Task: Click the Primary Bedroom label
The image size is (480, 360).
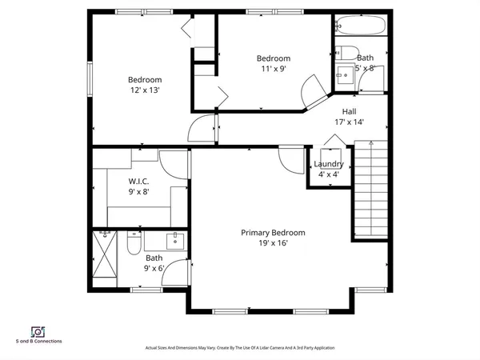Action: click(273, 233)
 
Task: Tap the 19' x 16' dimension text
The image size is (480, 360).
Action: click(273, 243)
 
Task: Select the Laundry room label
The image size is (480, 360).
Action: click(329, 164)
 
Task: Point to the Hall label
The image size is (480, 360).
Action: click(349, 111)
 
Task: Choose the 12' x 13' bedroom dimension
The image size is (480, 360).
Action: click(145, 90)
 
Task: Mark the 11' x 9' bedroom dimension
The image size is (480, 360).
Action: click(273, 69)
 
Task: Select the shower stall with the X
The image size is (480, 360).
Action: click(106, 254)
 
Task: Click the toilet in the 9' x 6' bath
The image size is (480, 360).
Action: click(134, 242)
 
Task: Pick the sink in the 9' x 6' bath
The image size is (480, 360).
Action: click(175, 240)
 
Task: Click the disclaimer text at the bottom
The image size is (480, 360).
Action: click(239, 348)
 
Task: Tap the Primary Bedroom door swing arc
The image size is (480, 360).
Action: click(286, 158)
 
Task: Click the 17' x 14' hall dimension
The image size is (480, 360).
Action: click(349, 122)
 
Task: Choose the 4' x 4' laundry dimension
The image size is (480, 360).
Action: click(329, 174)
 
